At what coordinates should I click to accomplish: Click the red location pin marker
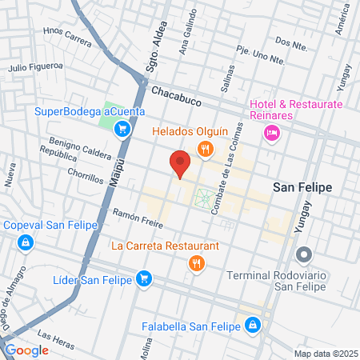180,163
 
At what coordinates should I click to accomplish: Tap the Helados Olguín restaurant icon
206,147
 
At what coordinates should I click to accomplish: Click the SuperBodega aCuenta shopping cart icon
122,128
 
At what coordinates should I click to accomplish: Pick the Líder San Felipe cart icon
144,278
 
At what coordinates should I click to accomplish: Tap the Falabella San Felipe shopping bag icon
253,324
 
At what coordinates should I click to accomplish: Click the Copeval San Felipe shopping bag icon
26,242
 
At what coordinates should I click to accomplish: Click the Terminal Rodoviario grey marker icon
304,256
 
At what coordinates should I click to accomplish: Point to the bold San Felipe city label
302,187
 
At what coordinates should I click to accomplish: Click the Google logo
26,350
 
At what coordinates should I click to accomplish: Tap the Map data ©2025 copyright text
325,353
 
